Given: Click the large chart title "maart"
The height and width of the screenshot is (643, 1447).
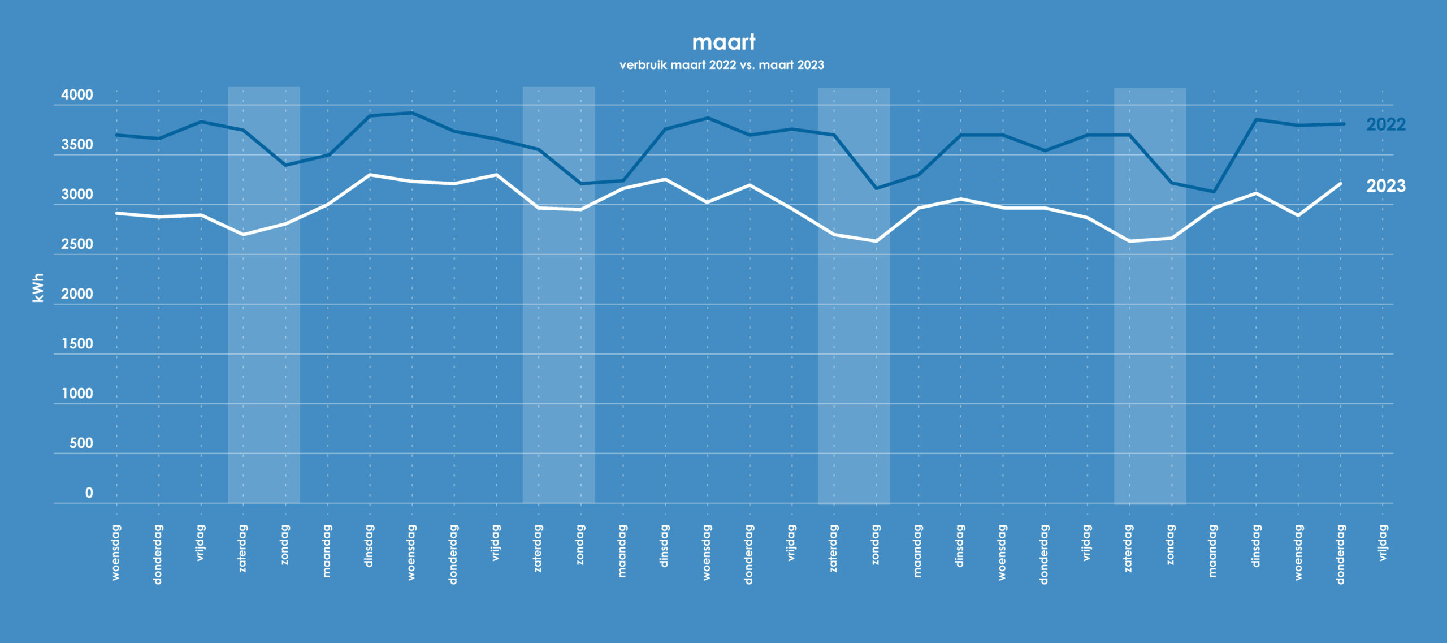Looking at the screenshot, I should click(x=723, y=42).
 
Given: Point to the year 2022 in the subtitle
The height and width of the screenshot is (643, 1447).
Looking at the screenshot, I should click(x=722, y=65).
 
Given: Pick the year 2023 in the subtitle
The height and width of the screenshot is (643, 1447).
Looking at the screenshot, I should click(x=810, y=65).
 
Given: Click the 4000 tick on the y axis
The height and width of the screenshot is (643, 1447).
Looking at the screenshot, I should click(x=77, y=95).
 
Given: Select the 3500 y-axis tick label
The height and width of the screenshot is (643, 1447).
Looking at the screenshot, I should click(x=77, y=145).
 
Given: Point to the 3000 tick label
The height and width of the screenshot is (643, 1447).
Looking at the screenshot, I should click(x=77, y=195).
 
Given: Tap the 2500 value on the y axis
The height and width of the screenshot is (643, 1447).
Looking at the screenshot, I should click(x=77, y=244).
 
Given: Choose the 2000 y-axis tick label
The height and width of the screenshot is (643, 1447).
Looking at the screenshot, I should click(x=77, y=294).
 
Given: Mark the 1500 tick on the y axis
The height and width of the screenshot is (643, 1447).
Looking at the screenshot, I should click(x=77, y=344).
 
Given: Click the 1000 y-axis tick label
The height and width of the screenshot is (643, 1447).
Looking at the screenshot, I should click(x=77, y=394).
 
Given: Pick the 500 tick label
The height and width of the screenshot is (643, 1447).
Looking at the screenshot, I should click(x=81, y=443).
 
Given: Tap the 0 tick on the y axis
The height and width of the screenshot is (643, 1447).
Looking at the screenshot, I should click(x=89, y=493).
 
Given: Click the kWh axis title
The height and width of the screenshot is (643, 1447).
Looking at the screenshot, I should click(x=38, y=288).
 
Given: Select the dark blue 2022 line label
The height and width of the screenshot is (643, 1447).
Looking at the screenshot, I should click(x=1385, y=124).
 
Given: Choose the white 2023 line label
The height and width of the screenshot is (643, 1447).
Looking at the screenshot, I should click(x=1385, y=186).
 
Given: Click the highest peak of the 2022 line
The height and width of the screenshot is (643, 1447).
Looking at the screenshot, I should click(x=412, y=113).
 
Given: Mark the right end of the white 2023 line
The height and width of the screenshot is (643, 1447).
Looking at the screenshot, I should click(x=1340, y=184).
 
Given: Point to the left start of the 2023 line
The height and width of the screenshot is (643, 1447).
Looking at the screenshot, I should click(x=117, y=213).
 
